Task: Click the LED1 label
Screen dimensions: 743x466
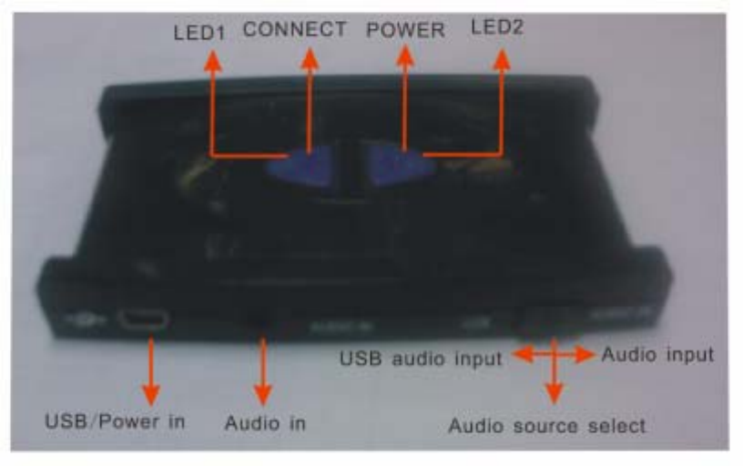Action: [x=198, y=33]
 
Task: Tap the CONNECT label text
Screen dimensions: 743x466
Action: [x=294, y=29]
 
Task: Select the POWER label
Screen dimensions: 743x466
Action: [x=405, y=30]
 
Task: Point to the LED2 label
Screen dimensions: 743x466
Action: [x=497, y=28]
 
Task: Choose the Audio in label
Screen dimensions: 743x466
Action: [x=265, y=423]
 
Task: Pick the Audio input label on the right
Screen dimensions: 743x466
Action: [x=657, y=354]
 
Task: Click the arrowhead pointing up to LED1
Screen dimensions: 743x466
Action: [x=212, y=60]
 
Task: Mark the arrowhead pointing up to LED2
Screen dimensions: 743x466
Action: [x=501, y=60]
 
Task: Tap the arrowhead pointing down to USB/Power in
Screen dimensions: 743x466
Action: [x=151, y=394]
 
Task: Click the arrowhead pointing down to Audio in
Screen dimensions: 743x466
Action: [x=263, y=394]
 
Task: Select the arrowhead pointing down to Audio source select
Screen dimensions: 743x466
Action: [x=553, y=394]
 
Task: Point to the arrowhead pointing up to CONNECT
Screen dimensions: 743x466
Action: [x=310, y=58]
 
